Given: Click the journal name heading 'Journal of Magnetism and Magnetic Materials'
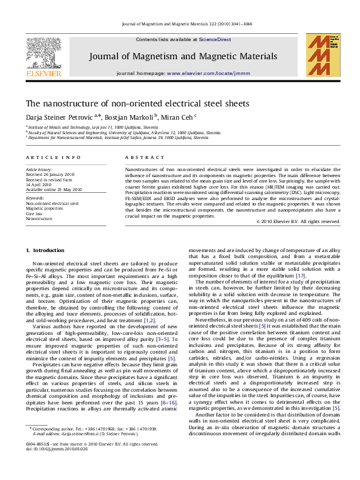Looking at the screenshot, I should [183, 56].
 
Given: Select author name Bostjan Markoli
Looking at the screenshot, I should [132, 117].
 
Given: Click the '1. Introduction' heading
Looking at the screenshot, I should [45, 250].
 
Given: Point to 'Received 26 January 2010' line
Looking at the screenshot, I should [49, 175].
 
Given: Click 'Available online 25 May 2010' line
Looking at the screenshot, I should [53, 189].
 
